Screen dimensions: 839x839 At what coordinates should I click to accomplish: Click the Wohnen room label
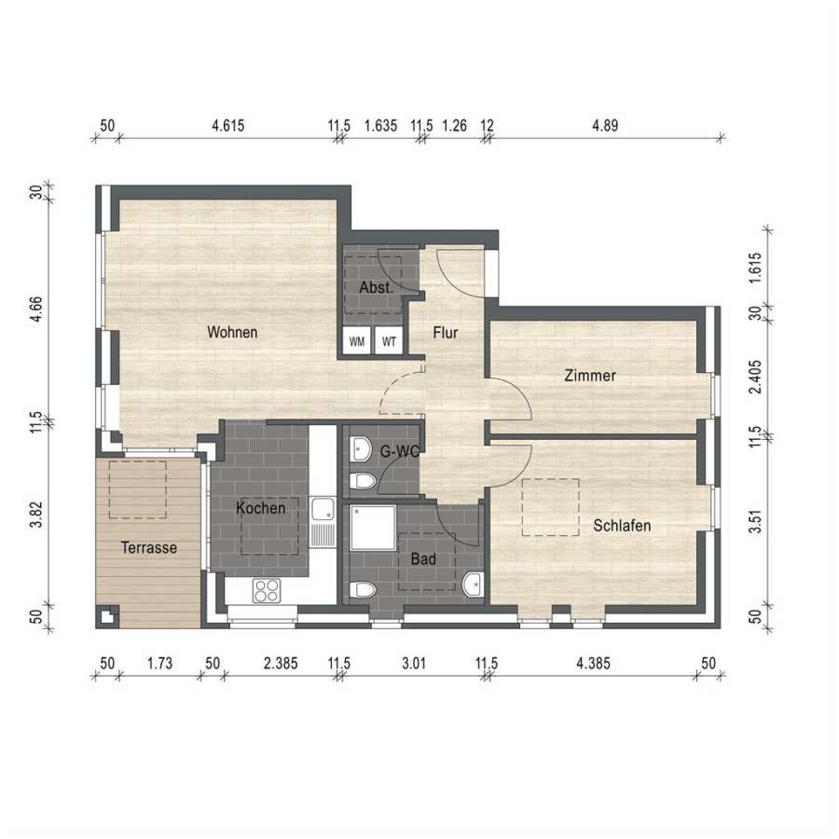(232, 332)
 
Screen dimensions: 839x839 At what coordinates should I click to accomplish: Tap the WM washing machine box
(357, 340)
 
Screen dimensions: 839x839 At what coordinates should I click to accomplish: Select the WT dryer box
(389, 340)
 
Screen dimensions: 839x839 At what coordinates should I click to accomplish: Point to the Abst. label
(377, 287)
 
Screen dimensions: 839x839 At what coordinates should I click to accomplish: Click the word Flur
(446, 333)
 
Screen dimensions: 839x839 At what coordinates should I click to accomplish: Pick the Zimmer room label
(590, 376)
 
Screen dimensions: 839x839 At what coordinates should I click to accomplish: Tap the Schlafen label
(622, 526)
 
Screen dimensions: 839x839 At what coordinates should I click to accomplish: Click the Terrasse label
(149, 548)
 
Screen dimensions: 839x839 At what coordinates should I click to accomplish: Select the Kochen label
(261, 508)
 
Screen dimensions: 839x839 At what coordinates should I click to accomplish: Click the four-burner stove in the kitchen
(267, 591)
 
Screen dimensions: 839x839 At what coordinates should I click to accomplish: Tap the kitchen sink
(323, 522)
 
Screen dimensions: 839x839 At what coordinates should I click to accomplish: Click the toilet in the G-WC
(363, 480)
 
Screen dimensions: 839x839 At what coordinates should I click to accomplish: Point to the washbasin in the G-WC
(361, 449)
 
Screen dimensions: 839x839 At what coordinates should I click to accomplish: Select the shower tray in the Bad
(374, 529)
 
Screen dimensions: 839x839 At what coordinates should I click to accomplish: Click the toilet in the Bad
(363, 590)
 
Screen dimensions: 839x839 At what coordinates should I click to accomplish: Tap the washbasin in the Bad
(473, 585)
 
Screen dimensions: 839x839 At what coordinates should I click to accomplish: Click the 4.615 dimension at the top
(228, 126)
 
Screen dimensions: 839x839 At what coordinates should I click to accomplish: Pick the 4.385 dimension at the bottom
(593, 664)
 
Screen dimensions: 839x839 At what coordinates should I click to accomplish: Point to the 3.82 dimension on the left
(35, 515)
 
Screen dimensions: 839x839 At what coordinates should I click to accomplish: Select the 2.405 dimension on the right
(755, 377)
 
